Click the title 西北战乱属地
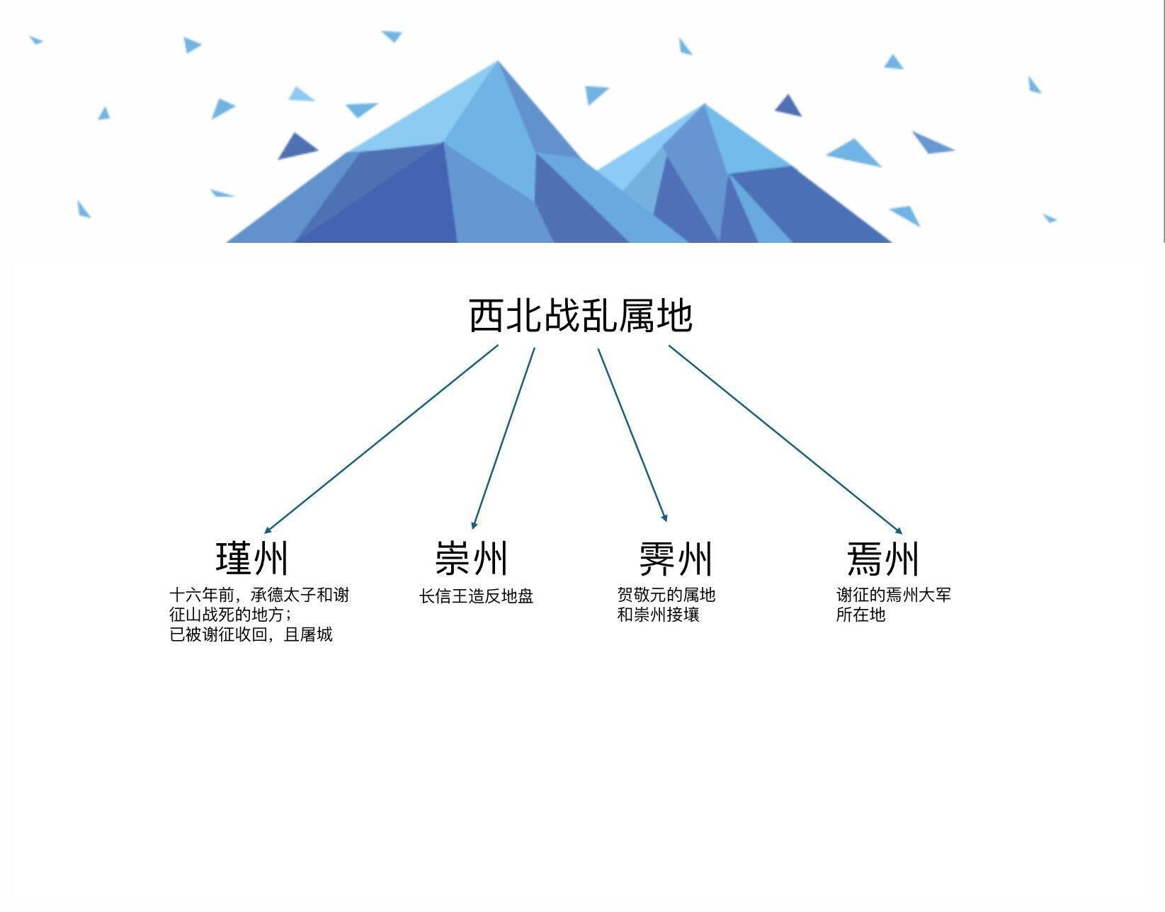coord(581,316)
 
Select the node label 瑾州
coord(252,558)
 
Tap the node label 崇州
coord(472,558)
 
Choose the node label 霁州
coord(675,559)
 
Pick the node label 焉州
coord(883,559)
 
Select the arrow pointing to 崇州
coord(504,438)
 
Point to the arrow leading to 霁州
coord(632,435)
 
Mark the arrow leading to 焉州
coord(785,439)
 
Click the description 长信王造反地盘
coord(476,596)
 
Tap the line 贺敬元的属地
coord(666,595)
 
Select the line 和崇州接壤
coord(658,615)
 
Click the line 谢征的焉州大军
coord(893,595)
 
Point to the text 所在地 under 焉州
coord(860,615)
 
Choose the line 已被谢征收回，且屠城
coord(251,634)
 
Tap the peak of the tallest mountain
coord(498,63)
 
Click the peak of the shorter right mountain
coord(704,106)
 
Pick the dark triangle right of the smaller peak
coord(788,106)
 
